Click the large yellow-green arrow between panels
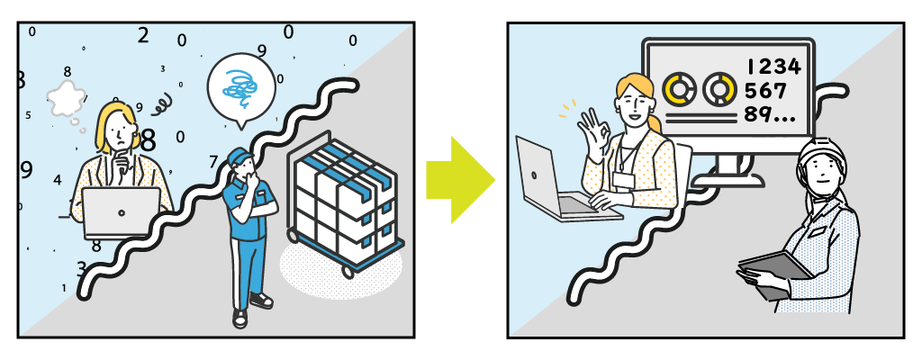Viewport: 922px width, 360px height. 460,180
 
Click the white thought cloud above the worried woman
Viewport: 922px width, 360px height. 67,98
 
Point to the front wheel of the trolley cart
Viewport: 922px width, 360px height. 348,272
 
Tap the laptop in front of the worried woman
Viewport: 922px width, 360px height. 122,213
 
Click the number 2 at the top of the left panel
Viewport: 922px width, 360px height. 143,35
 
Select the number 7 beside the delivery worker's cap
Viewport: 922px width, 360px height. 214,160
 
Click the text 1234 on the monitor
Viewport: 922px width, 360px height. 773,67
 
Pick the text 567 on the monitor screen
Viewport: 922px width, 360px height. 765,91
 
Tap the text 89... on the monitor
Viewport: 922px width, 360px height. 770,113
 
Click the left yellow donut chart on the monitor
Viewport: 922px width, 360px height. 679,89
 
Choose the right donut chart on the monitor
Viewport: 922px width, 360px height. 719,89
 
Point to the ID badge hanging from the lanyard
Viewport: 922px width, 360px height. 623,179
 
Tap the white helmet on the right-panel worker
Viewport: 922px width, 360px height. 821,157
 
